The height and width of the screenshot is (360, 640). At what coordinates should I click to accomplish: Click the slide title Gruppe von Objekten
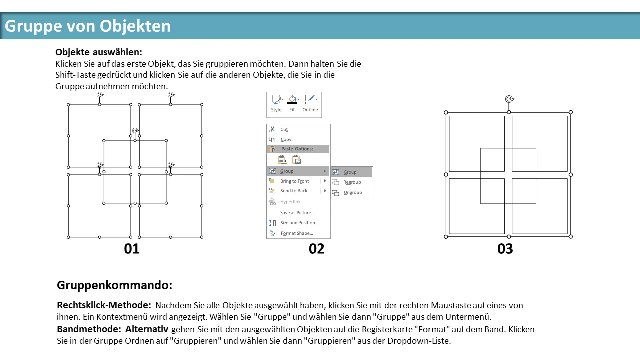tap(88, 26)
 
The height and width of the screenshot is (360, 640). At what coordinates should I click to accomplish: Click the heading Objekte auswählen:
tap(99, 52)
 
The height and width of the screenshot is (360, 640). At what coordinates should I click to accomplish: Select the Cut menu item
tap(284, 129)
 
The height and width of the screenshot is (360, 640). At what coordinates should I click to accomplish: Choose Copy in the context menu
tap(286, 139)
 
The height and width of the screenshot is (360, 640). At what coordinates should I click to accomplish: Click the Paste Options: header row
tap(298, 149)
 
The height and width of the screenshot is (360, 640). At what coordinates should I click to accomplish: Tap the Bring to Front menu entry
tap(294, 181)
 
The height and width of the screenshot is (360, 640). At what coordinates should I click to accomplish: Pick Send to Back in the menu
tap(293, 191)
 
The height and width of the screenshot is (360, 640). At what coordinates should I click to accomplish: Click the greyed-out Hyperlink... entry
tap(292, 202)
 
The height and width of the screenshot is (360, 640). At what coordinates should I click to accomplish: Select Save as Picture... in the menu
tap(297, 213)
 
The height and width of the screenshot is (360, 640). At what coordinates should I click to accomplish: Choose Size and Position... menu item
tap(299, 223)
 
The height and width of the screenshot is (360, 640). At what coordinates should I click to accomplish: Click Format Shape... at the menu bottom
tap(297, 233)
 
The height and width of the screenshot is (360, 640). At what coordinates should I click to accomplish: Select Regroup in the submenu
tap(352, 182)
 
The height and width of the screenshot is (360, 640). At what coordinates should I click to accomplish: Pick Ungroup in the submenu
tap(352, 193)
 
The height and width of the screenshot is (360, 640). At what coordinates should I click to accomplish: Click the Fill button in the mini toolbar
tap(292, 103)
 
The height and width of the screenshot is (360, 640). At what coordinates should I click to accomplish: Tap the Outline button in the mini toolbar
tap(310, 103)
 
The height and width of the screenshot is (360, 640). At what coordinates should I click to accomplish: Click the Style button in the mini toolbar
tap(276, 103)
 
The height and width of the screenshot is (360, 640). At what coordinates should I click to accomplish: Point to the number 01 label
tap(132, 249)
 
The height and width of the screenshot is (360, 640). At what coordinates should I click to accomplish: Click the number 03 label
tap(505, 249)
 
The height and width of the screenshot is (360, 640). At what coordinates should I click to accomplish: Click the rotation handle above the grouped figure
tap(509, 99)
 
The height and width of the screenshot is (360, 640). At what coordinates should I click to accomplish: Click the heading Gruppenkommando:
tap(115, 285)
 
